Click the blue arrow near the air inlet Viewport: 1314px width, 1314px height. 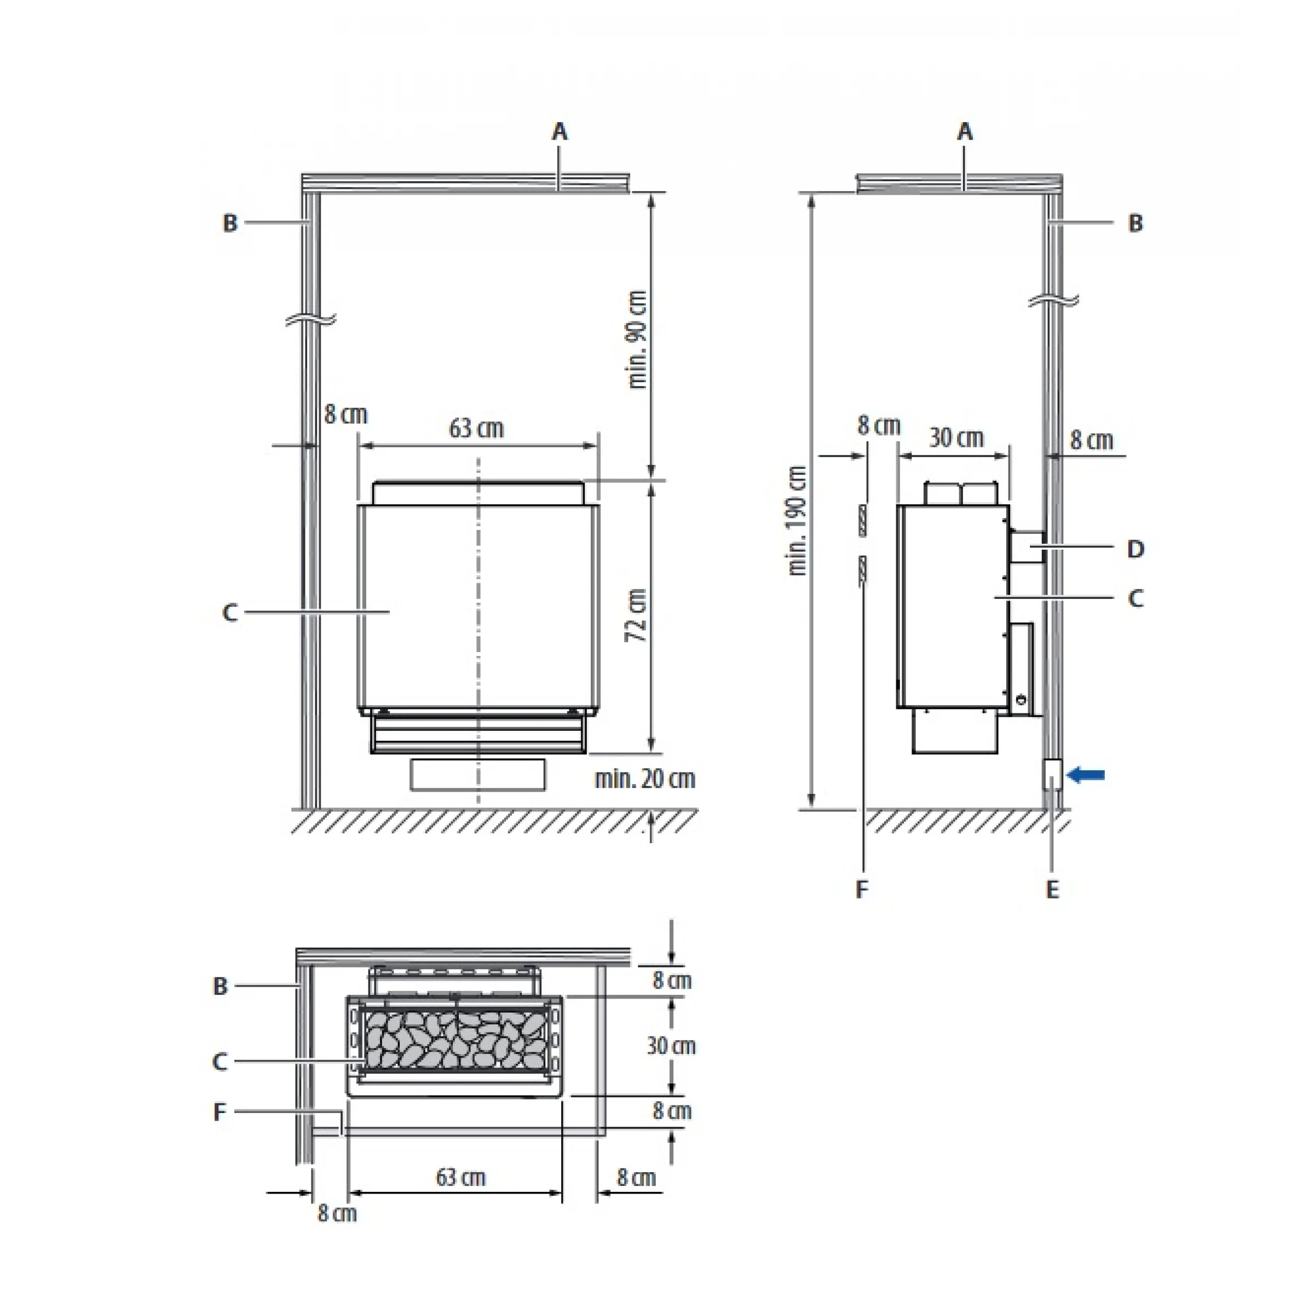pos(1086,775)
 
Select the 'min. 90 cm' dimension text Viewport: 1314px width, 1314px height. pos(637,340)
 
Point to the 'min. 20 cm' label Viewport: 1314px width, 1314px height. pos(645,779)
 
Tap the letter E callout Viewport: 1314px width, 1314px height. pos(1052,890)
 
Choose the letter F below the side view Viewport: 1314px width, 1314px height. pos(862,890)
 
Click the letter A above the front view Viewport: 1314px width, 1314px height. pos(559,131)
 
